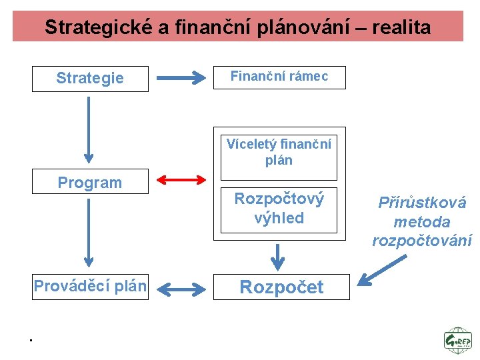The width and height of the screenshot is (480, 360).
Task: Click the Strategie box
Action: pyautogui.click(x=90, y=78)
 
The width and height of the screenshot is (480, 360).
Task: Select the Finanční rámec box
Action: pyautogui.click(x=279, y=77)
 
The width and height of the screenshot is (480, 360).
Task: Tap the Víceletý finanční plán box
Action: pyautogui.click(x=279, y=153)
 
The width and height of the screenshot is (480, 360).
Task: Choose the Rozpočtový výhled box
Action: pyautogui.click(x=279, y=209)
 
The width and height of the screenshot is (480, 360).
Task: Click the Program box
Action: pyautogui.click(x=90, y=183)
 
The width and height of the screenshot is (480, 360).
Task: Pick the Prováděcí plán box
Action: pyautogui.click(x=90, y=287)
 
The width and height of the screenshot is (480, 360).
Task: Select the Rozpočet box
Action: pyautogui.click(x=281, y=287)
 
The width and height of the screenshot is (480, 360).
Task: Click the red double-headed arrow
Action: pyautogui.click(x=181, y=179)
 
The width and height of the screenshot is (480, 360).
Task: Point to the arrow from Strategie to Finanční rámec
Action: pyautogui.click(x=181, y=79)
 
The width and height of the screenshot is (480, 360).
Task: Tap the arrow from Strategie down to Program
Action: pyautogui.click(x=87, y=130)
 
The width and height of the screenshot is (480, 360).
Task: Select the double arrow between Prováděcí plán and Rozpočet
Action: pyautogui.click(x=183, y=289)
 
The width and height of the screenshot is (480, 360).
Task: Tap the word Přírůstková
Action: pyautogui.click(x=422, y=203)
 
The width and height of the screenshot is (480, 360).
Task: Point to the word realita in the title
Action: pyautogui.click(x=401, y=27)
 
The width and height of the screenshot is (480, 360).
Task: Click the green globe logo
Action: pyautogui.click(x=457, y=339)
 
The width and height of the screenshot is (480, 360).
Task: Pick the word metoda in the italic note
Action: pyautogui.click(x=422, y=222)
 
